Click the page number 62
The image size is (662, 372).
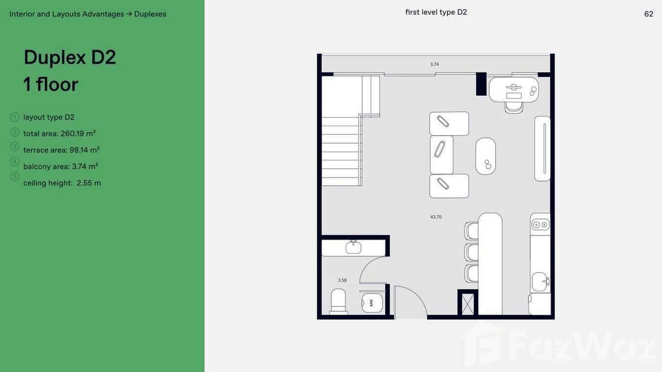pos(648,14)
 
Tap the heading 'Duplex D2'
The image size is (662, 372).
pos(70,57)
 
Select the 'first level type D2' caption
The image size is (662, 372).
pos(436,12)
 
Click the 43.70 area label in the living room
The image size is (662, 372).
pos(436,217)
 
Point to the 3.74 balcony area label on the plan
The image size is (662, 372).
pos(434,64)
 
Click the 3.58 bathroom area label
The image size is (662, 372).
pos(342,280)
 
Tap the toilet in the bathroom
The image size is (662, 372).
pos(338,301)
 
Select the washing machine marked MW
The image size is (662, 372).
pos(372,302)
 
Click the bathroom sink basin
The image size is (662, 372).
pos(354,247)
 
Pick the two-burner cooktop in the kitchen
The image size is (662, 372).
pos(540,225)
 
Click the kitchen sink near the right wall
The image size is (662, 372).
pos(541,282)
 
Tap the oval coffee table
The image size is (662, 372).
pos(485,156)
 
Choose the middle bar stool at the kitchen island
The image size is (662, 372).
pos(472,252)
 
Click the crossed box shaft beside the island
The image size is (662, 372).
pos(468,304)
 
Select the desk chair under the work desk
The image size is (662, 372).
pos(514,108)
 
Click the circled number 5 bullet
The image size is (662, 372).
pos(14,177)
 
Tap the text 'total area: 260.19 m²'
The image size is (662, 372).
pos(59,134)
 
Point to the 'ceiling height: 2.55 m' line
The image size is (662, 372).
pos(62,183)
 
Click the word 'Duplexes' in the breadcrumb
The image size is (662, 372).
pos(150,14)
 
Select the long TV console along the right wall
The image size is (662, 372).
pos(542,149)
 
